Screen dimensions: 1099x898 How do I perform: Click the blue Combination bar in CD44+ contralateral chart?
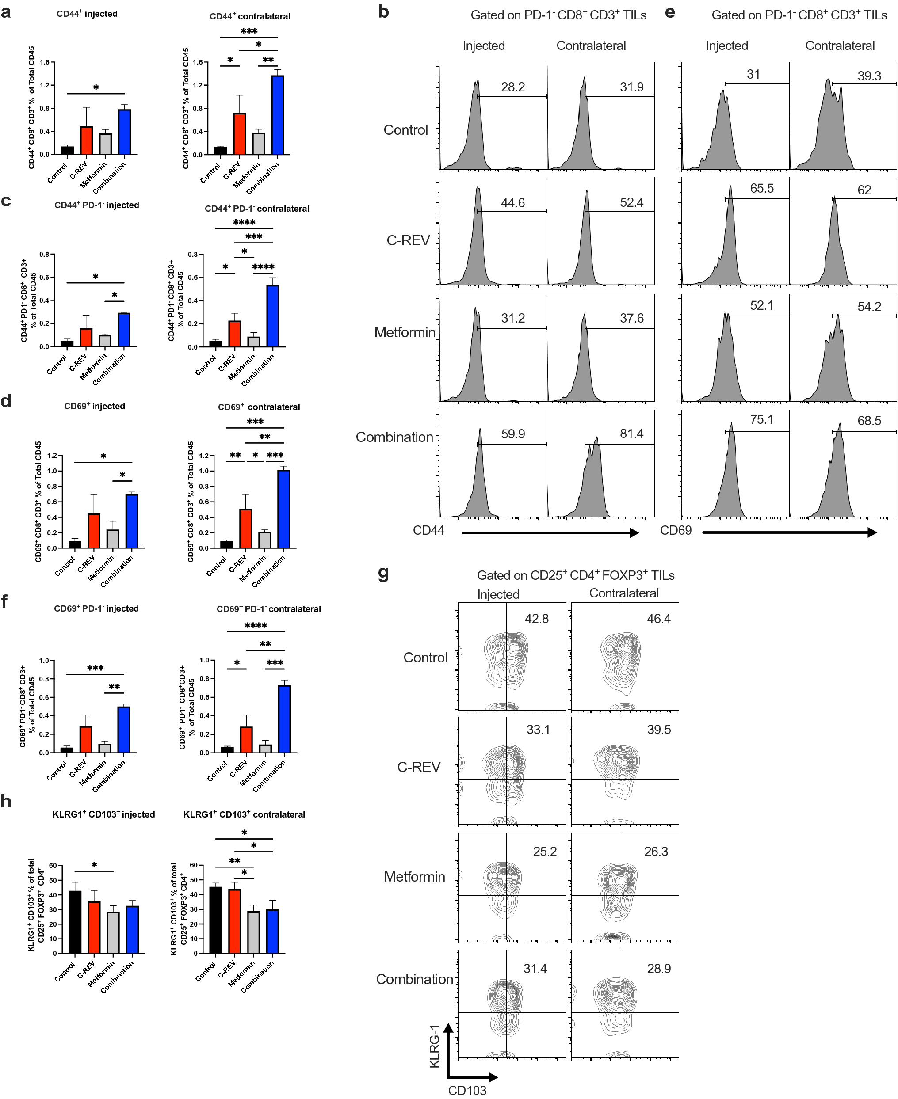pyautogui.click(x=278, y=115)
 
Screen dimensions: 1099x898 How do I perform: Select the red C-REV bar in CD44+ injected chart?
pyautogui.click(x=86, y=140)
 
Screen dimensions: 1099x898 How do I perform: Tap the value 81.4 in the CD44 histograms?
pyautogui.click(x=631, y=433)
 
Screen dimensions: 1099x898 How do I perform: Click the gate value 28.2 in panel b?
pyautogui.click(x=512, y=87)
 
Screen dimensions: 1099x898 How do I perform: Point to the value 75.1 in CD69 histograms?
pyautogui.click(x=761, y=419)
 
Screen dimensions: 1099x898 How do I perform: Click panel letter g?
pyautogui.click(x=383, y=572)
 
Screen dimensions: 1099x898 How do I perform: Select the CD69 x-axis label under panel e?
pyautogui.click(x=676, y=530)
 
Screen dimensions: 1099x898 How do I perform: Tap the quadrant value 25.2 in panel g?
pyautogui.click(x=545, y=852)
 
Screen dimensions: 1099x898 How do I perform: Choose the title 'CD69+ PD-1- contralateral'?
pyautogui.click(x=268, y=609)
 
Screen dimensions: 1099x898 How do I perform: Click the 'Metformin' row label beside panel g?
pyautogui.click(x=414, y=877)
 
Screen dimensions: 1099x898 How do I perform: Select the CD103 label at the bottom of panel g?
pyautogui.click(x=467, y=1090)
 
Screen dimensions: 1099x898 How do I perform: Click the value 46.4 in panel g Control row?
pyautogui.click(x=658, y=618)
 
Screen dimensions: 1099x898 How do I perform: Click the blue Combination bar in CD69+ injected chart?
pyautogui.click(x=132, y=521)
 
